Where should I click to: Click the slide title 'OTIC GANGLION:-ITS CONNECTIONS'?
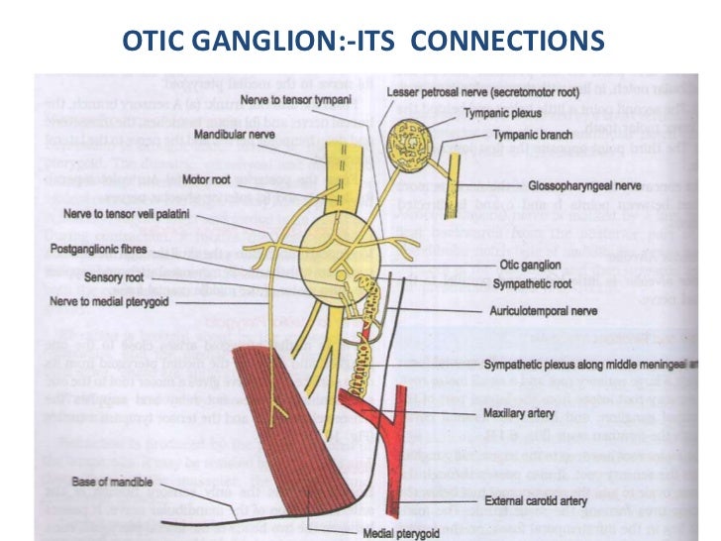361,41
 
